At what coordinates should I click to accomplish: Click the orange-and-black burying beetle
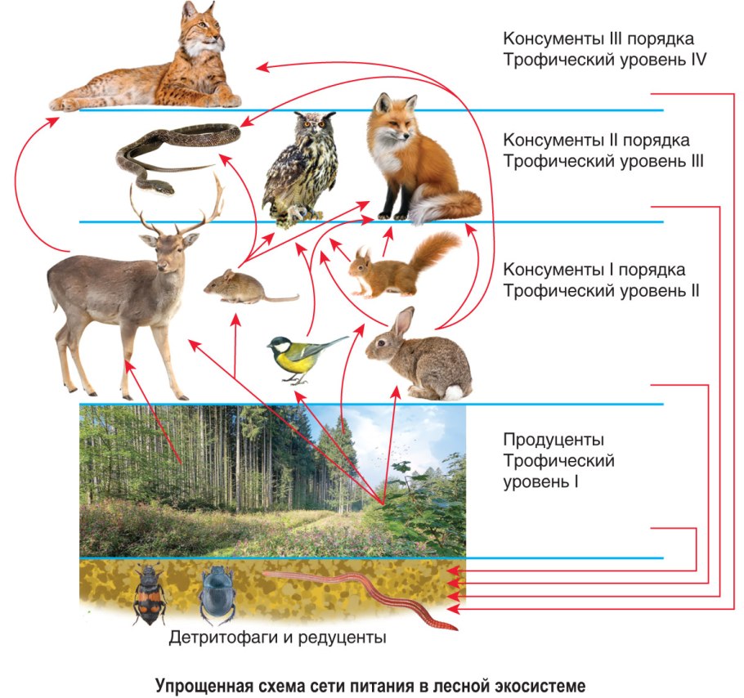pyautogui.click(x=150, y=595)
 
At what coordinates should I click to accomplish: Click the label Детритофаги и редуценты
pyautogui.click(x=277, y=638)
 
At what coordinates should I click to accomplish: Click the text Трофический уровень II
pyautogui.click(x=601, y=289)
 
